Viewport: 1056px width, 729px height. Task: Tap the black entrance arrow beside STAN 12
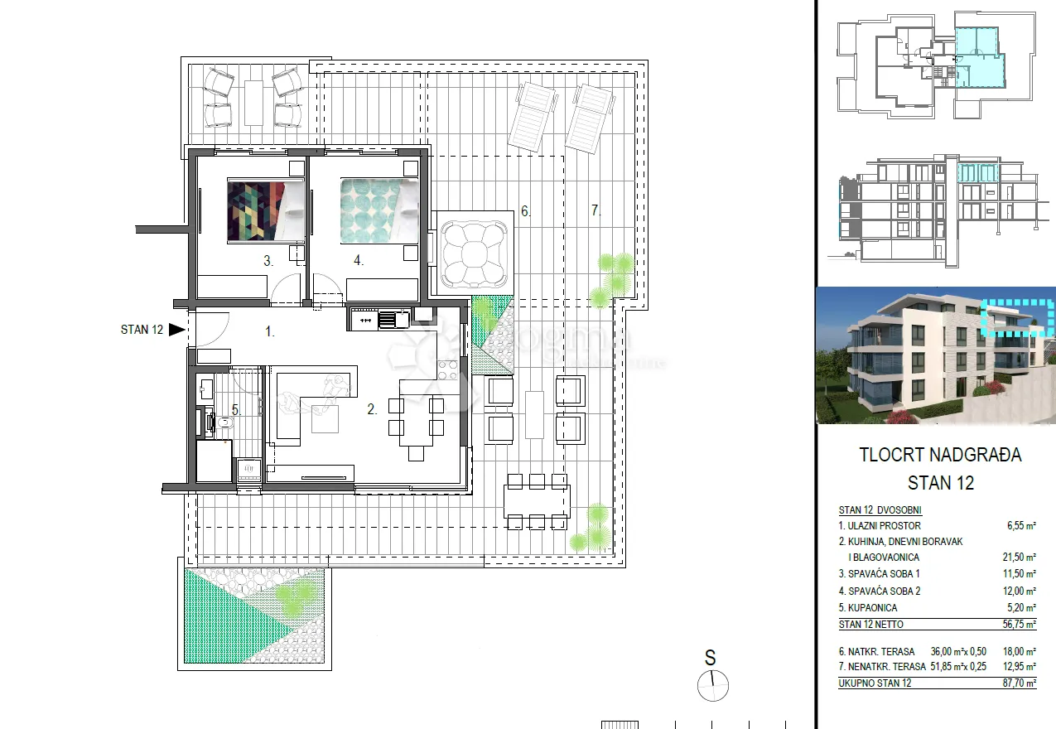pyautogui.click(x=176, y=330)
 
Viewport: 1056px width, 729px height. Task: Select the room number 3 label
pyautogui.click(x=268, y=261)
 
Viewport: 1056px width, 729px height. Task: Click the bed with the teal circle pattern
pyautogui.click(x=379, y=210)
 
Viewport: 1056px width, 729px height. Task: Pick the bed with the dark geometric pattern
pyautogui.click(x=266, y=210)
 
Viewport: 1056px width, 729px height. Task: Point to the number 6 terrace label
pyautogui.click(x=526, y=210)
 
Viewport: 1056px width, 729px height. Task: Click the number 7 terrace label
pyautogui.click(x=596, y=210)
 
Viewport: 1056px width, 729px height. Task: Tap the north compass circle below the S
pyautogui.click(x=713, y=686)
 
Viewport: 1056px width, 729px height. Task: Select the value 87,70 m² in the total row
pyautogui.click(x=1020, y=683)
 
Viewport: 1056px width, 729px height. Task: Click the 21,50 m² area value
pyautogui.click(x=1020, y=557)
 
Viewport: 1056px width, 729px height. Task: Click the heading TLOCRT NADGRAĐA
pyautogui.click(x=941, y=455)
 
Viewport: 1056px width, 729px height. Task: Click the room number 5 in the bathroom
pyautogui.click(x=236, y=410)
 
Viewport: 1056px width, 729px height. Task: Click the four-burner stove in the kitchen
pyautogui.click(x=448, y=370)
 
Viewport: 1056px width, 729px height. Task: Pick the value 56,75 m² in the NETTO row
pyautogui.click(x=1020, y=624)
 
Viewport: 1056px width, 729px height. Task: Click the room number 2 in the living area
pyautogui.click(x=373, y=409)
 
